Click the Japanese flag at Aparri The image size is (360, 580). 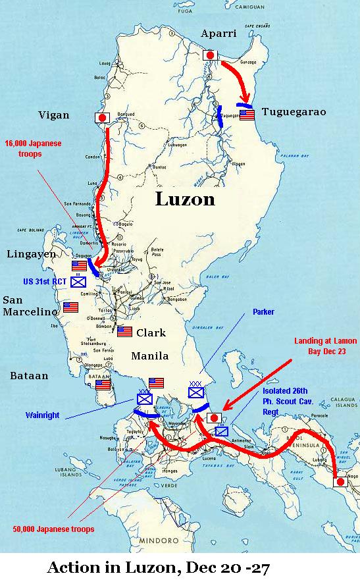tap(211, 56)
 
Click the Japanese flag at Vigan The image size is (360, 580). tap(103, 118)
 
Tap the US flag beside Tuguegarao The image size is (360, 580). tap(247, 115)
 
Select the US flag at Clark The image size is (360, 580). tap(124, 332)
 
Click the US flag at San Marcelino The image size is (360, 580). tap(70, 307)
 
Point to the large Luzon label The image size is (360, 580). tap(185, 199)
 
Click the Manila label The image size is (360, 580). tap(150, 356)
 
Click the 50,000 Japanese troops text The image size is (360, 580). tap(54, 529)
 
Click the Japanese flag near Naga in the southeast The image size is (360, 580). tap(341, 482)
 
